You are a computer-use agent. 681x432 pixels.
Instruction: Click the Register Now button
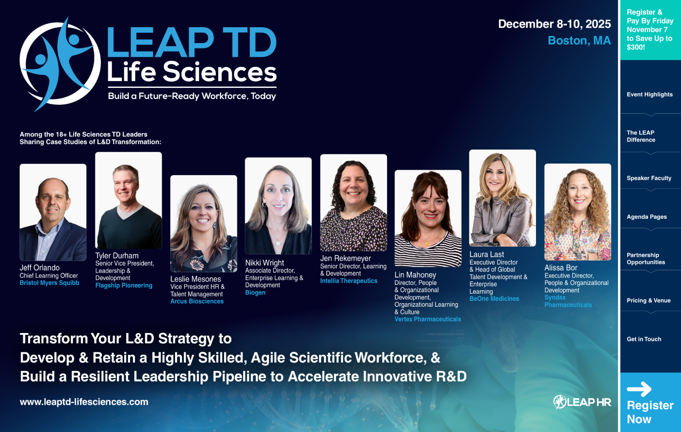coord(650,403)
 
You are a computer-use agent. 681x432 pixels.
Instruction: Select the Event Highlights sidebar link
coord(649,95)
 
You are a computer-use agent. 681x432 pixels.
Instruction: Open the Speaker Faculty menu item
coord(649,178)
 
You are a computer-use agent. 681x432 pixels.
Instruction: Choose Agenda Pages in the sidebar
coord(647,217)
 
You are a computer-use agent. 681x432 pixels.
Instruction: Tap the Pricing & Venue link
coord(649,300)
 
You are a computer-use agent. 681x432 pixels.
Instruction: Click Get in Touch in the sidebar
coord(644,339)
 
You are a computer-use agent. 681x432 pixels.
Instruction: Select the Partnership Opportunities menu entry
coord(646,259)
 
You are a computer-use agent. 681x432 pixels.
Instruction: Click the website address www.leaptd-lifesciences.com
coord(84,402)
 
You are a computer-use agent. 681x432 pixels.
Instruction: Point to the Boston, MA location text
coord(579,41)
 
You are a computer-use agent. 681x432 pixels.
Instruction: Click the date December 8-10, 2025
coord(554,24)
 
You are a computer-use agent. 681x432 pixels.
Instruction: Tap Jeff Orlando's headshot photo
coord(53,212)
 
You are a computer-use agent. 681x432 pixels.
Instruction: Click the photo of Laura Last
coord(502,198)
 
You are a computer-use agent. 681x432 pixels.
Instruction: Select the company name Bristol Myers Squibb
coord(49,283)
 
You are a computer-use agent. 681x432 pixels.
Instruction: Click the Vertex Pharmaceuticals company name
coord(427,319)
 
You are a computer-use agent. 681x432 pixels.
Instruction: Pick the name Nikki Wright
coord(264,263)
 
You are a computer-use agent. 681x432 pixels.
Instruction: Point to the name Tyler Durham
coord(117,256)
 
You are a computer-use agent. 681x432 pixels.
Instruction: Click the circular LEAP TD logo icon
coord(59,64)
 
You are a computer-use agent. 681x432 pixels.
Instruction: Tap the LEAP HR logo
coord(582,402)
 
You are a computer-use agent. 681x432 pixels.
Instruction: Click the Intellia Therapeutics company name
coord(348,281)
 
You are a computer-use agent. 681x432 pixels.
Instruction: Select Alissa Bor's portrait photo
coord(577,212)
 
